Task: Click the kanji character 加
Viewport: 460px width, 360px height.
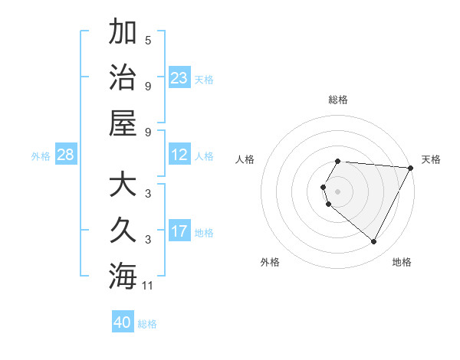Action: click(123, 33)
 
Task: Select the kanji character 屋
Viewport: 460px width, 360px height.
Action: click(123, 123)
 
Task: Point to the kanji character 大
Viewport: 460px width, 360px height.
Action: click(123, 186)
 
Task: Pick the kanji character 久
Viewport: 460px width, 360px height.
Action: click(123, 231)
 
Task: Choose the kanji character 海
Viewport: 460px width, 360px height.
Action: click(123, 276)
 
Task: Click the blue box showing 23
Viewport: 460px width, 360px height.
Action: click(179, 78)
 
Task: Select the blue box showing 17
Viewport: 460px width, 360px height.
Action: click(179, 231)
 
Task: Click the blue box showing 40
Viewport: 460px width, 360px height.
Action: click(123, 322)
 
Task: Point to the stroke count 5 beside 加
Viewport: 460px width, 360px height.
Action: click(148, 41)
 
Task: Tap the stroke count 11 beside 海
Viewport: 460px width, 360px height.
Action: click(149, 286)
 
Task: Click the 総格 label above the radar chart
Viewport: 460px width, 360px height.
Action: click(338, 100)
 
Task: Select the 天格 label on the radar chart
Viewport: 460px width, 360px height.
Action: click(431, 159)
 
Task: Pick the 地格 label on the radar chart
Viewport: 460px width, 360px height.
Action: click(402, 262)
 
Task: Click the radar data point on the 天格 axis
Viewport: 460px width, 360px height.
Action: click(411, 168)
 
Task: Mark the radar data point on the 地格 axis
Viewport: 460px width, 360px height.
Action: click(374, 242)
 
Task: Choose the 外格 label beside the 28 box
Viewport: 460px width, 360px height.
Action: click(41, 156)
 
